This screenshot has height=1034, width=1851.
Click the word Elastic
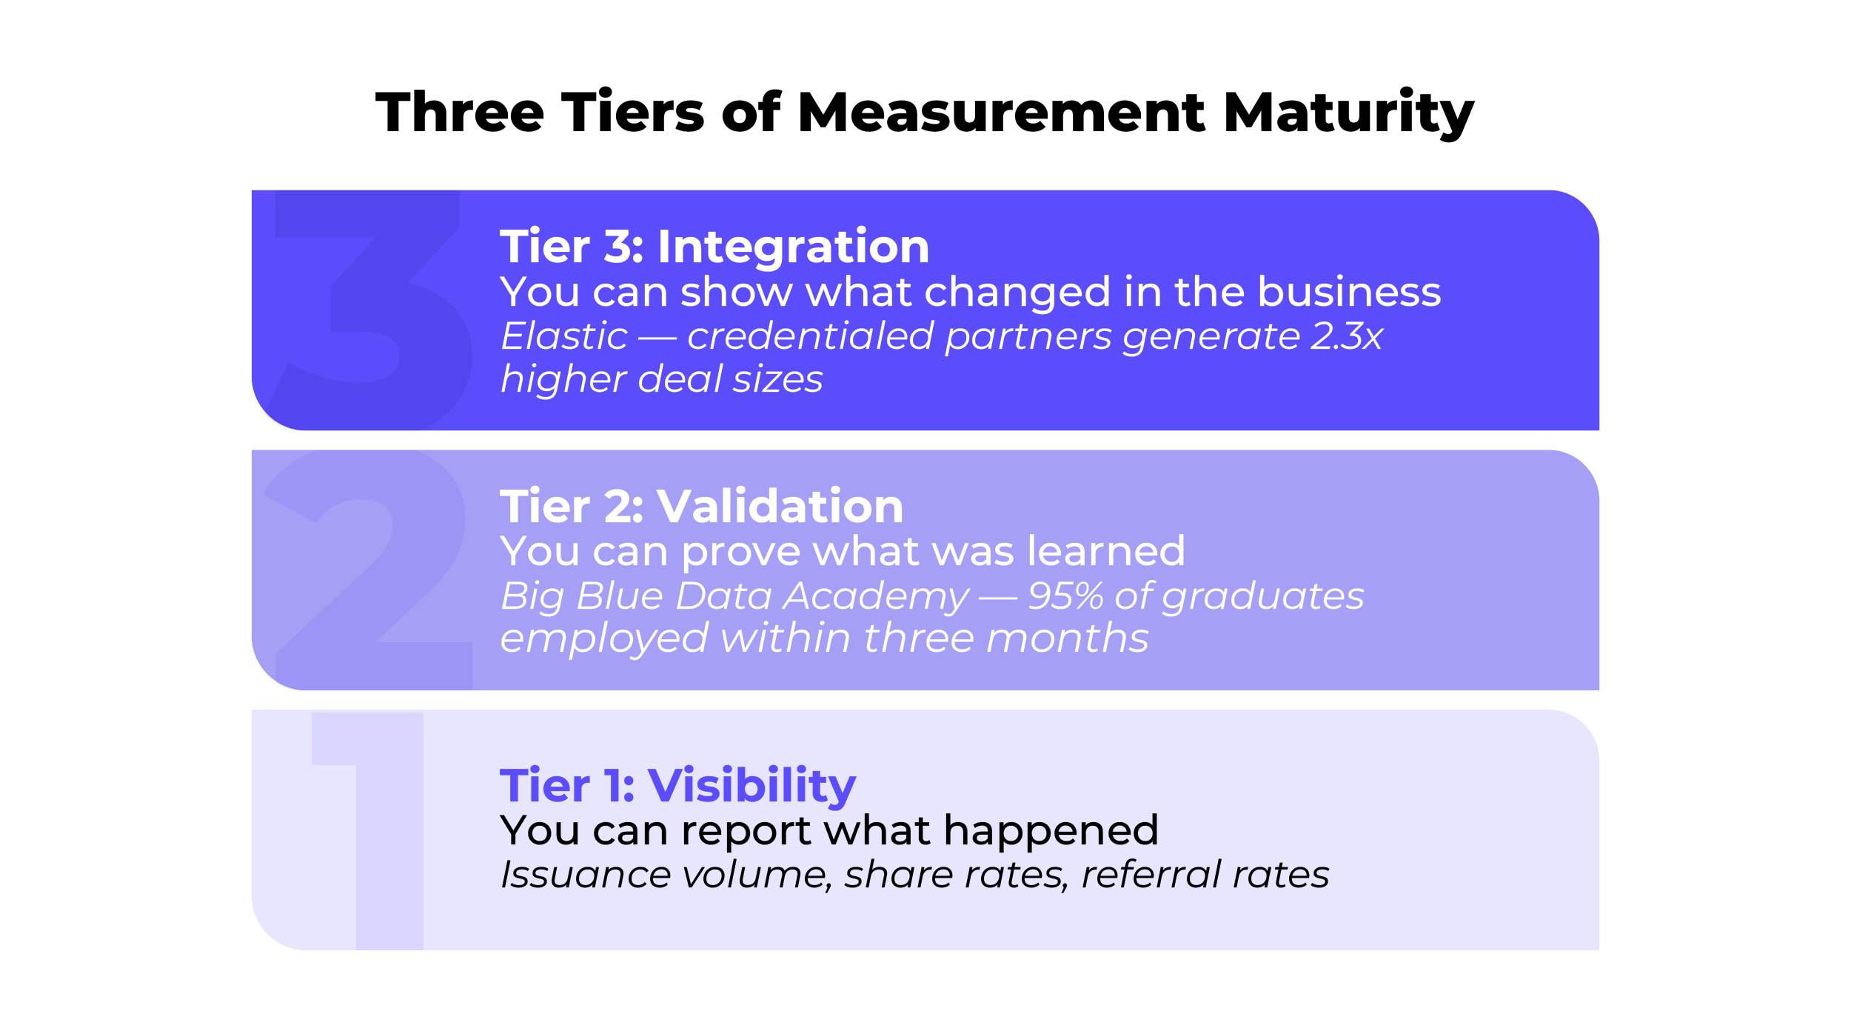[564, 336]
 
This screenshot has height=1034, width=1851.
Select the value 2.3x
[1346, 336]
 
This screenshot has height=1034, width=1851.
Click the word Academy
[875, 597]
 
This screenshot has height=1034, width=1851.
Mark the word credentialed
[810, 336]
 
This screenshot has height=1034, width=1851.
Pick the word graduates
[1262, 597]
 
